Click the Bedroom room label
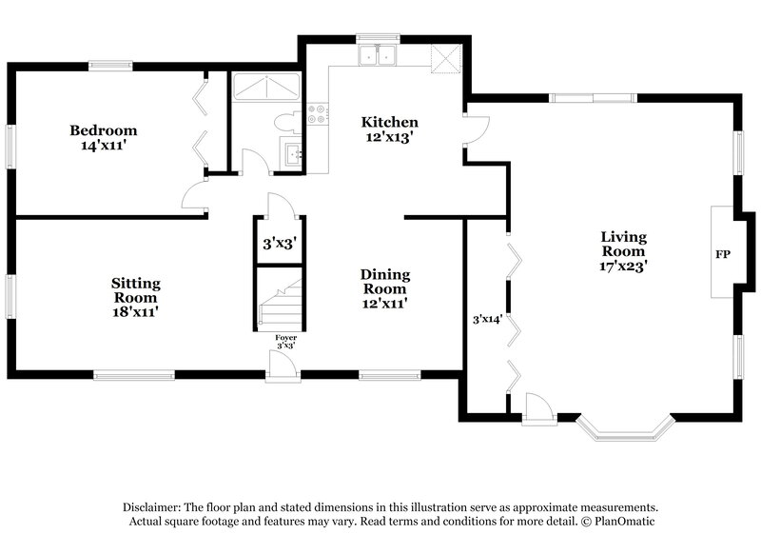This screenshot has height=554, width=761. click(103, 130)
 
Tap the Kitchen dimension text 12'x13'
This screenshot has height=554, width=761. click(389, 137)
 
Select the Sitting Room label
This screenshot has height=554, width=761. click(135, 284)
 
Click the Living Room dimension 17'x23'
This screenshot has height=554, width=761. click(623, 267)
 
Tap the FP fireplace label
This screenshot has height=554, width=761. click(723, 255)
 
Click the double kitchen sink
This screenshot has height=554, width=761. click(378, 55)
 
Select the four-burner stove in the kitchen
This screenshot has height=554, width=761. click(318, 115)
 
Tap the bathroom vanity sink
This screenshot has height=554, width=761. click(292, 152)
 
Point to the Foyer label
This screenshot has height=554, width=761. click(285, 338)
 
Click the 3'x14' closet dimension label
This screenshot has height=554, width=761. click(487, 319)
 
